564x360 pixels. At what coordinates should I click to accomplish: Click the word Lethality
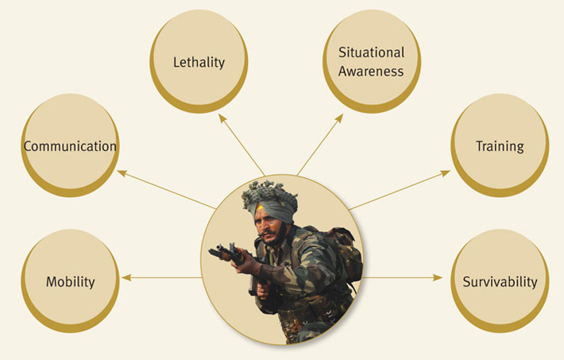[199, 62]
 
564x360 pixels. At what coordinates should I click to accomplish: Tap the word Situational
[372, 52]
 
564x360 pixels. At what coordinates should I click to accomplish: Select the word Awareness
[371, 72]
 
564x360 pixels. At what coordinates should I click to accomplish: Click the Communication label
[70, 146]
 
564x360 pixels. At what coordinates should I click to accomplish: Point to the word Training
[500, 146]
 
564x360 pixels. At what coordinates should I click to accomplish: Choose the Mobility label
[71, 281]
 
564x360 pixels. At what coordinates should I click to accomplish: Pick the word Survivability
[500, 281]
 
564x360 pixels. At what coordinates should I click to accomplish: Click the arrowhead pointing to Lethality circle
[223, 119]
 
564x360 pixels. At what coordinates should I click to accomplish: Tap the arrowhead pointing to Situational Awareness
[338, 119]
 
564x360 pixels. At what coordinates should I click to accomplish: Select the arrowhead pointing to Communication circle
[122, 172]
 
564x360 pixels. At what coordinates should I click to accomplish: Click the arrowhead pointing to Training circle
[445, 173]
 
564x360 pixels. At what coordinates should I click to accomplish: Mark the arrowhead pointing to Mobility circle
[126, 277]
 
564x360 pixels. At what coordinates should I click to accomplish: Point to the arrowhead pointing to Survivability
[438, 277]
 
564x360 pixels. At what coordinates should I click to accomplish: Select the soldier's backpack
[343, 252]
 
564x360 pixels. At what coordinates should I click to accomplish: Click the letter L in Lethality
[176, 62]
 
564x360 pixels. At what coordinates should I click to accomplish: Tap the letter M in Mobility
[52, 281]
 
